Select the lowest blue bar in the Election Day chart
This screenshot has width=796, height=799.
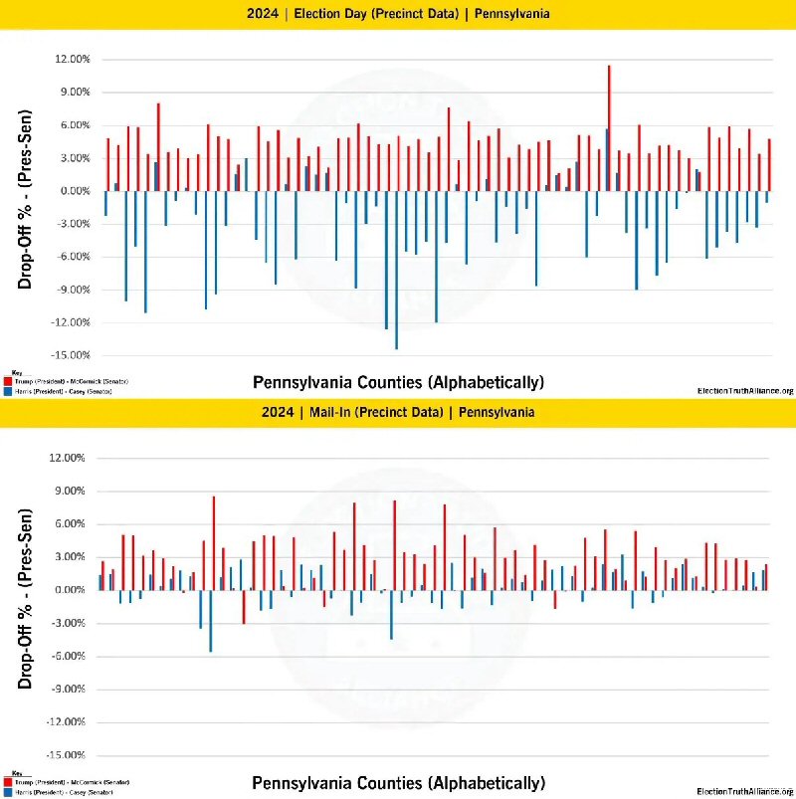[396, 269]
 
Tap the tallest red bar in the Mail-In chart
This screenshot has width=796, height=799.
[213, 542]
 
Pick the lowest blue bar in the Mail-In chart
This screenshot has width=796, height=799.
[210, 620]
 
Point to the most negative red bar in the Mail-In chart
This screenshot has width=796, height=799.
[244, 606]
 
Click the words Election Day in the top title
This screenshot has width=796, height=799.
[328, 14]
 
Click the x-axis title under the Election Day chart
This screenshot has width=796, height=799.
[398, 382]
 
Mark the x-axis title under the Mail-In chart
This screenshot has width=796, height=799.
[398, 782]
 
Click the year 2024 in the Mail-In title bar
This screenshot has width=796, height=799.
[279, 412]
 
